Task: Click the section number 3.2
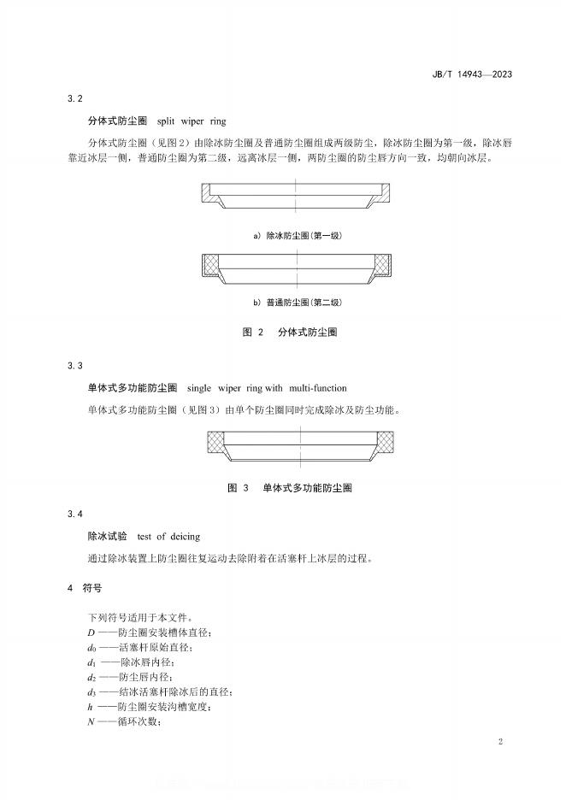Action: click(x=75, y=101)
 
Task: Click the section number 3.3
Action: click(x=75, y=366)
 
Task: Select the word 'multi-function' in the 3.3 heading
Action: click(x=318, y=388)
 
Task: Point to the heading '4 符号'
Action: click(x=85, y=588)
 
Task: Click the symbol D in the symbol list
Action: click(x=91, y=632)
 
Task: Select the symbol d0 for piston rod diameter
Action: click(x=92, y=647)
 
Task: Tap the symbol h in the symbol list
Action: click(x=91, y=706)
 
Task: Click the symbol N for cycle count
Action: click(x=91, y=721)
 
